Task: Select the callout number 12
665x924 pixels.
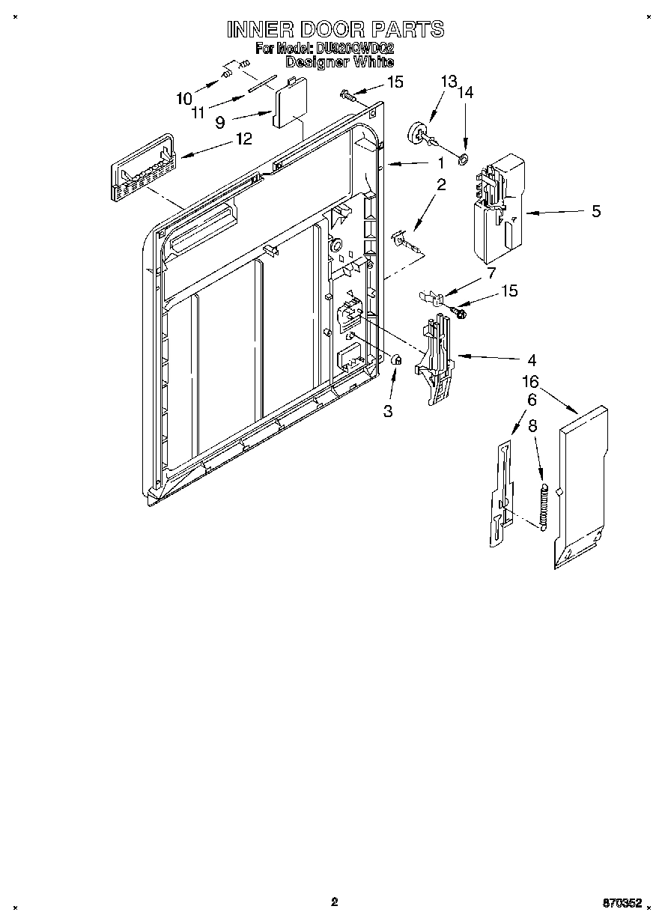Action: [x=243, y=138]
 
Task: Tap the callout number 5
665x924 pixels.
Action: [x=596, y=211]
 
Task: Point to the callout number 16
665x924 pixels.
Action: [x=530, y=382]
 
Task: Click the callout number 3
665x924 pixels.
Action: [x=388, y=411]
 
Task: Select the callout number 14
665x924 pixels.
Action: [x=466, y=92]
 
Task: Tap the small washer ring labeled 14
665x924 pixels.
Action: [x=464, y=158]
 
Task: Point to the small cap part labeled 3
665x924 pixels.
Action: [x=398, y=360]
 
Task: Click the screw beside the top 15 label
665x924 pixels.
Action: [x=347, y=94]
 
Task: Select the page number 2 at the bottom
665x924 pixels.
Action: [x=334, y=902]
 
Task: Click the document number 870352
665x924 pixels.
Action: [x=622, y=903]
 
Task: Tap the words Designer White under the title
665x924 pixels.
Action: [x=339, y=63]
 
